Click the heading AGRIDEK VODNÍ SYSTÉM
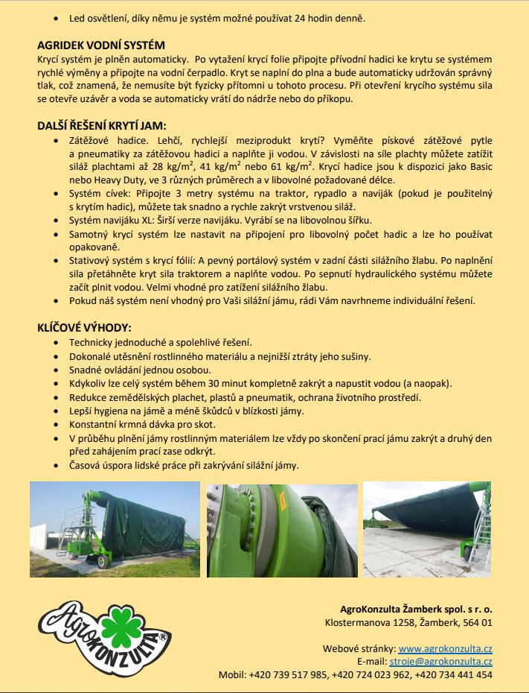101,45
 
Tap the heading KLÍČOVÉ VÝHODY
84,327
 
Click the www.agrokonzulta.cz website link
445,648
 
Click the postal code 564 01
477,621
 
